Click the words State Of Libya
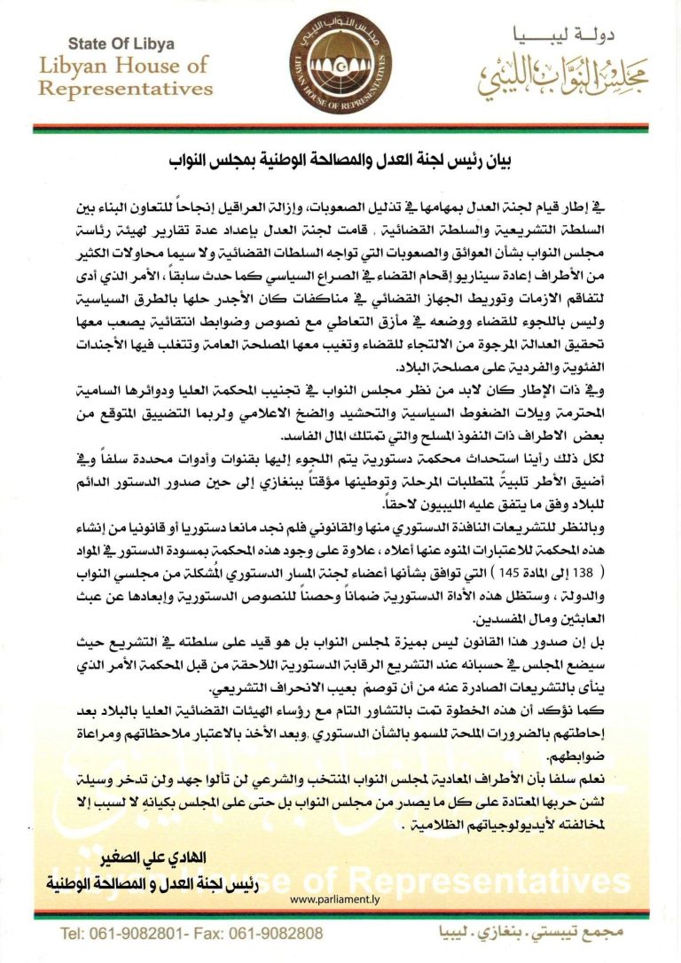(x=122, y=44)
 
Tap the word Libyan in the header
(x=75, y=66)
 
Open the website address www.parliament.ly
(x=338, y=898)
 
